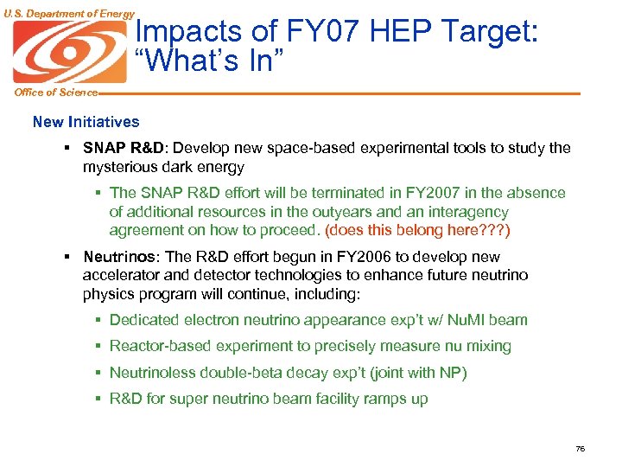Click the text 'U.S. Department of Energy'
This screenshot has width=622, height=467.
tap(68, 13)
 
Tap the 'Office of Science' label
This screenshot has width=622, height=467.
tap(49, 93)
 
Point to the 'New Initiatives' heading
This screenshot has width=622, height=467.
tap(86, 122)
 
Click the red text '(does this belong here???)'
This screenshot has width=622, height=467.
tap(417, 230)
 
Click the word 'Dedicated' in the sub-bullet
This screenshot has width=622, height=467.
tap(143, 320)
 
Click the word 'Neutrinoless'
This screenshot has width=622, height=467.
tap(153, 373)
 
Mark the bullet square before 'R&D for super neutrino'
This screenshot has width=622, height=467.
tap(98, 399)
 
